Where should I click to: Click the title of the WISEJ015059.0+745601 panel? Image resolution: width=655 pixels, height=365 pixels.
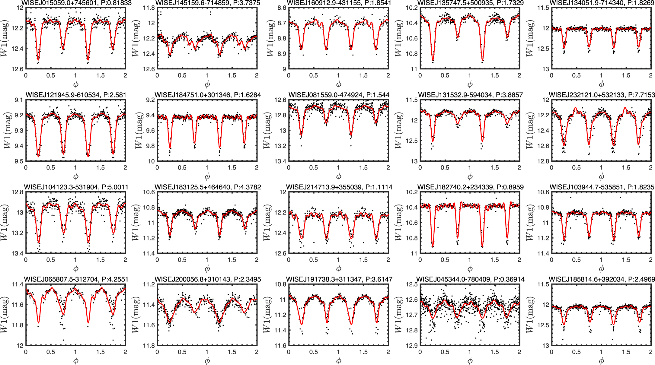click(x=76, y=3)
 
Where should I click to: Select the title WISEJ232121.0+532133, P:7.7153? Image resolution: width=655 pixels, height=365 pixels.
click(x=602, y=95)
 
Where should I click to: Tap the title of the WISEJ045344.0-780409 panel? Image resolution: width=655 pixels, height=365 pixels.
click(x=470, y=279)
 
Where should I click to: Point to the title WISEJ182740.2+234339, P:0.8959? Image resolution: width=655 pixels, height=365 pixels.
click(x=470, y=187)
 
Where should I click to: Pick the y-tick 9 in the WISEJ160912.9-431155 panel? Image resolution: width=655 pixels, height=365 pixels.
click(x=284, y=69)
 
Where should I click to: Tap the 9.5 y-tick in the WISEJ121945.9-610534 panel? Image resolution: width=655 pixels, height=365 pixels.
click(x=19, y=161)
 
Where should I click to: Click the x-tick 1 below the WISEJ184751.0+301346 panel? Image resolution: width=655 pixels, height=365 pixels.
click(x=207, y=168)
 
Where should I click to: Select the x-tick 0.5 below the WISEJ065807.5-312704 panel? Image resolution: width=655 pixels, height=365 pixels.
click(x=51, y=352)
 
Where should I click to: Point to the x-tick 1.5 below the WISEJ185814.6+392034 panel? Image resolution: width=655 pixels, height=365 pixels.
click(x=626, y=352)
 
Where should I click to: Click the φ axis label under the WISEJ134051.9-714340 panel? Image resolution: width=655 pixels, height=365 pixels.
click(x=602, y=84)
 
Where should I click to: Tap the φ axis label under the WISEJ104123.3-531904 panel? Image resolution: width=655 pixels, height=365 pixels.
click(x=76, y=268)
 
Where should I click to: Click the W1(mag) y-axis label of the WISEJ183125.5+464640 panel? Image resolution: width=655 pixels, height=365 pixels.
click(x=136, y=223)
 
